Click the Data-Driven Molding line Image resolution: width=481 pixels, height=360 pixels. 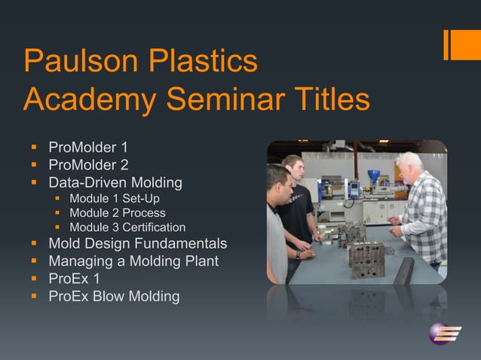click(115, 182)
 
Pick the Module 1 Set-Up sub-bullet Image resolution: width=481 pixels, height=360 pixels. click(115, 199)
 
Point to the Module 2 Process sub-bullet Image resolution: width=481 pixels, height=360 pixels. click(117, 213)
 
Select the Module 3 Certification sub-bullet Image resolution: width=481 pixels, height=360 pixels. click(127, 227)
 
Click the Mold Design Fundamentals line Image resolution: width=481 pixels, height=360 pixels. click(137, 244)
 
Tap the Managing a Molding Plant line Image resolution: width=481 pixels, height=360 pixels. click(133, 261)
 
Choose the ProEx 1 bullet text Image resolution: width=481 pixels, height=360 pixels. click(75, 279)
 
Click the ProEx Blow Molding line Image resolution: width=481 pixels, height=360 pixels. click(114, 296)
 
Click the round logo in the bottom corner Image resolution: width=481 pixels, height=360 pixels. click(441, 332)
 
